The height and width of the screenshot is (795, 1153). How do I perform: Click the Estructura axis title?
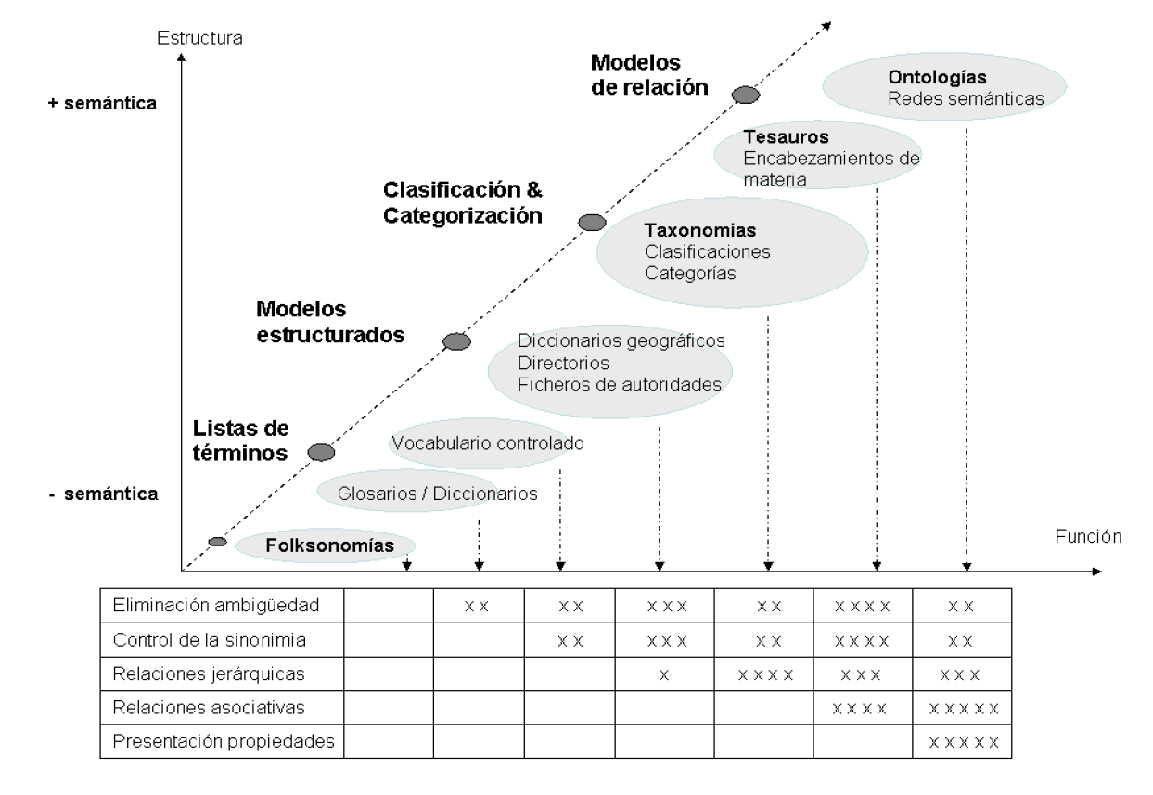coord(199,39)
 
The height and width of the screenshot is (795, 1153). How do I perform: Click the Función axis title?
coord(1088,536)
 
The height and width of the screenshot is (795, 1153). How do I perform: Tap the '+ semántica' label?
coord(103,103)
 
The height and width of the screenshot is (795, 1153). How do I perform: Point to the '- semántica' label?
coord(103,494)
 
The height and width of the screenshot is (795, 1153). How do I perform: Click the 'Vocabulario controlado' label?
coord(488,442)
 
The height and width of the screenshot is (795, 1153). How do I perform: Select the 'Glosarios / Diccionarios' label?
coord(438,494)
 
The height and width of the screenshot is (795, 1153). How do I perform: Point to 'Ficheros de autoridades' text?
coord(619,383)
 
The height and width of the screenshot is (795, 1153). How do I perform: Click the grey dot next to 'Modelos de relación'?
coord(746,95)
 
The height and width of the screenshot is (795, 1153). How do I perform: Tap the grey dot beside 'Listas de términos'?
coord(321,453)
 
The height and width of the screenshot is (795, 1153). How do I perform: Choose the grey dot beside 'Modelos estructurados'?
coord(456,341)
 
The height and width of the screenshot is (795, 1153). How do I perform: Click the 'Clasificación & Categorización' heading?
coord(462,202)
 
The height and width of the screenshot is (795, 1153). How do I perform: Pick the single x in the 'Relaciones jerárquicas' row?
coord(663,674)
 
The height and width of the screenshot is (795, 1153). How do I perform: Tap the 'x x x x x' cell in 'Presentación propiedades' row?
coord(963,741)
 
